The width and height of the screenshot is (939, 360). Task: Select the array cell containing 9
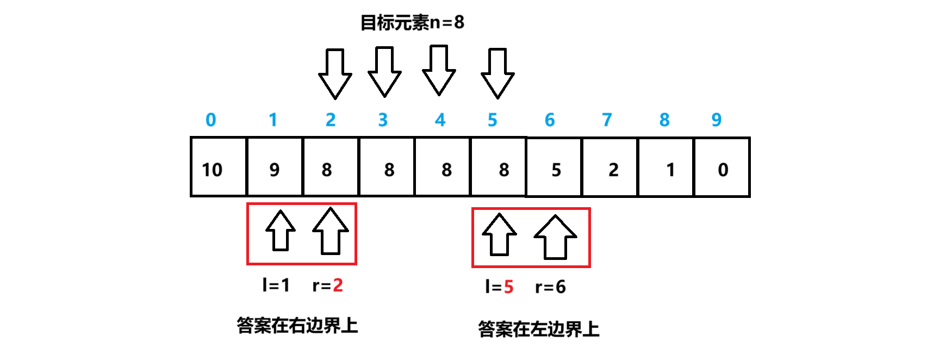[x=275, y=167]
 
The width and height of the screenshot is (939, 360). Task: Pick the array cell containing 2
[x=611, y=167]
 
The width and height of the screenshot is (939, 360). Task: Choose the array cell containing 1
[x=667, y=167]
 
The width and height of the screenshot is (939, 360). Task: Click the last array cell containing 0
[x=722, y=167]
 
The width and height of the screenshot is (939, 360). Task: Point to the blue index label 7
[x=607, y=120]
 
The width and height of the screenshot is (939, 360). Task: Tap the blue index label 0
[x=211, y=120]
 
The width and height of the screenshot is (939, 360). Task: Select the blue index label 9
[x=717, y=120]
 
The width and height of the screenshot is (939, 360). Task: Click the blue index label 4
[x=440, y=120]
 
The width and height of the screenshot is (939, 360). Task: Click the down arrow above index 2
[x=335, y=74]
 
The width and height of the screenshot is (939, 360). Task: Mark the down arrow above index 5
[x=498, y=74]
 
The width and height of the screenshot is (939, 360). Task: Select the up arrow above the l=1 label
[x=281, y=231]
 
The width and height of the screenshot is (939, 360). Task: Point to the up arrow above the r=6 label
[x=555, y=237]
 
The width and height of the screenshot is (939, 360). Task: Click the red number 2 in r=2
[x=338, y=285]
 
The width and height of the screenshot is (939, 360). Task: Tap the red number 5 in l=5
[x=508, y=287]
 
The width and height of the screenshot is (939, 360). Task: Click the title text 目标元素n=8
[x=412, y=22]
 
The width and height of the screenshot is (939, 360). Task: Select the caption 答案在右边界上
[x=297, y=325]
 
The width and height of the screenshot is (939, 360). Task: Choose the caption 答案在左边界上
[x=538, y=329]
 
